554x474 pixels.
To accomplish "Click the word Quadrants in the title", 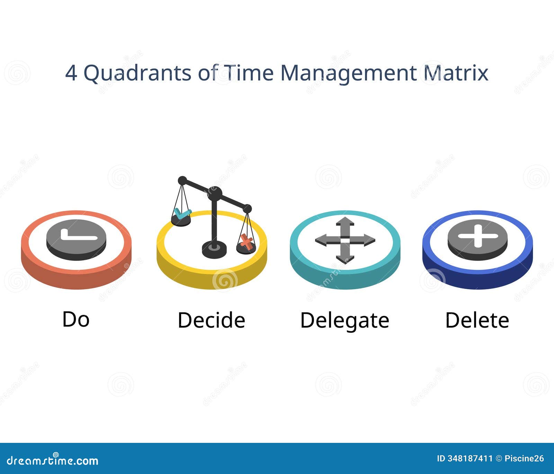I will (138, 73).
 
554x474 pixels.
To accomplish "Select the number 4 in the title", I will (71, 73).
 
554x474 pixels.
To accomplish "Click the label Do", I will (76, 319).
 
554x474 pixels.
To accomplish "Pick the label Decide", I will (211, 320).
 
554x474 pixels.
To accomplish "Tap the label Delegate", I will (345, 320).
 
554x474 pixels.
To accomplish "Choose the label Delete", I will (477, 320).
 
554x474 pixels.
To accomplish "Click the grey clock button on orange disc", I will (76, 239).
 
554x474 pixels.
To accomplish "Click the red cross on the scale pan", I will (246, 241).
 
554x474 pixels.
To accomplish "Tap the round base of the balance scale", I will (214, 249).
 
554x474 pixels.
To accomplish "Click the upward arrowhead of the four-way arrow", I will (345, 221).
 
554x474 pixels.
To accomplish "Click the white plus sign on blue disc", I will (477, 236).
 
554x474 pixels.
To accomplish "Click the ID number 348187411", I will (470, 459).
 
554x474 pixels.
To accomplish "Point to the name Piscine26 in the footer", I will (524, 459).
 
